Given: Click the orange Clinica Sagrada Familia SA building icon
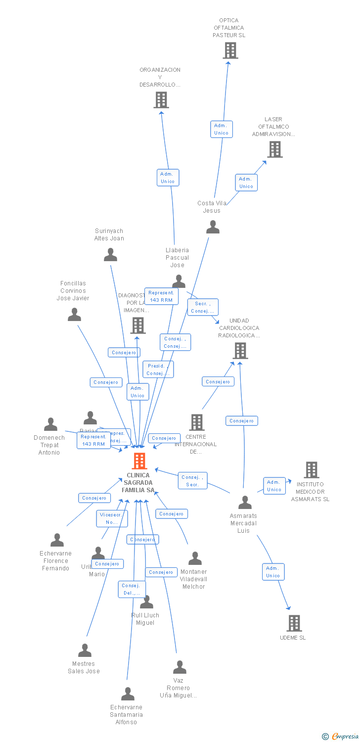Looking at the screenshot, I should [x=139, y=461].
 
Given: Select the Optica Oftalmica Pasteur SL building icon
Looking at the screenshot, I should [x=230, y=50].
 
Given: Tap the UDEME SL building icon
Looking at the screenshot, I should [x=294, y=623].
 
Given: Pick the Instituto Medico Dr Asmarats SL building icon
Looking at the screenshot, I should [x=311, y=470].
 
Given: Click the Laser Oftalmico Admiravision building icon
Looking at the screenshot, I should [x=275, y=149].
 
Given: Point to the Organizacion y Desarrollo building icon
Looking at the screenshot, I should [x=161, y=100].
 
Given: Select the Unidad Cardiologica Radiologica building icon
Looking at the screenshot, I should [x=240, y=351].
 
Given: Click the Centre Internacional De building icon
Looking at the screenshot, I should [x=197, y=422].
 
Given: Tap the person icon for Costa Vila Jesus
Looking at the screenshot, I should [x=213, y=227].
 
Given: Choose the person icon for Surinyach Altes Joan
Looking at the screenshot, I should [x=110, y=255].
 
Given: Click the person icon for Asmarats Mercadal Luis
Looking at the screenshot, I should [x=245, y=503].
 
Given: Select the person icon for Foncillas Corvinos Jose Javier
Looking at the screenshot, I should [x=74, y=315].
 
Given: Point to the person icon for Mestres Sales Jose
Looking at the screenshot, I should [x=85, y=650].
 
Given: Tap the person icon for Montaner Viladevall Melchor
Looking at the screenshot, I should [x=195, y=558].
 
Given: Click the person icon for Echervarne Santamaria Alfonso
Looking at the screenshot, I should [x=128, y=694].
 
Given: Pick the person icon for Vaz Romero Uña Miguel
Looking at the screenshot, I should [x=180, y=667].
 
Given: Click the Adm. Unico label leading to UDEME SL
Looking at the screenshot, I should [x=273, y=572].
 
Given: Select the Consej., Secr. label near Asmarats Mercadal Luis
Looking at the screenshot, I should [x=193, y=481].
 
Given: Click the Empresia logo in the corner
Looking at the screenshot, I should [x=341, y=737].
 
